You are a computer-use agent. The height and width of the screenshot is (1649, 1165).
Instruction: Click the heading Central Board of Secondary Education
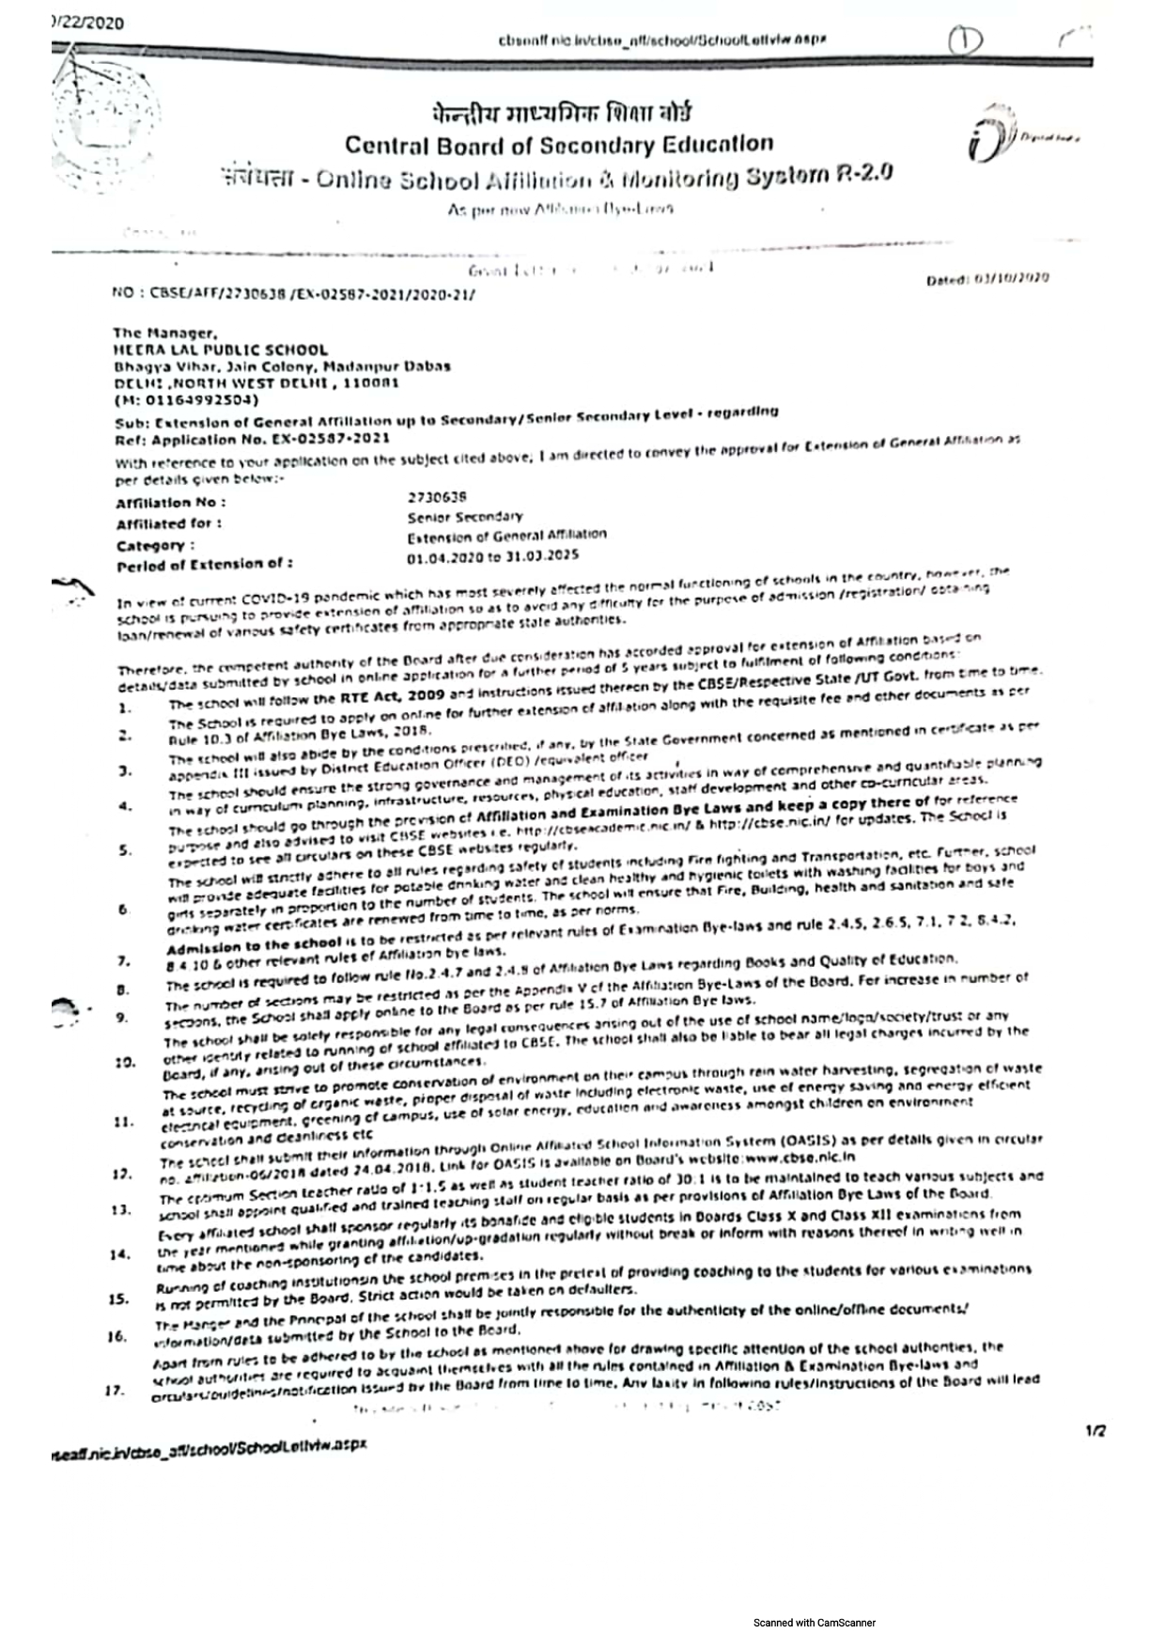click(559, 145)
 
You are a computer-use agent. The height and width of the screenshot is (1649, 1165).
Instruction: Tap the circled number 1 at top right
click(964, 40)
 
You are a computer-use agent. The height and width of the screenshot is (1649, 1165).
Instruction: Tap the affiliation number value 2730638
click(437, 496)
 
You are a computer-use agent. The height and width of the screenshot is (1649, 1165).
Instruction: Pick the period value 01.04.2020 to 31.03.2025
click(493, 557)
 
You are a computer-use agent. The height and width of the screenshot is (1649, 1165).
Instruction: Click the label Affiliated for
click(169, 523)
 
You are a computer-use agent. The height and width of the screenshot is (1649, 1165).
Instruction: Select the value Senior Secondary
click(465, 517)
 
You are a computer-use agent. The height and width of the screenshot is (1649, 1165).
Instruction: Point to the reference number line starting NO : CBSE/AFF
click(293, 293)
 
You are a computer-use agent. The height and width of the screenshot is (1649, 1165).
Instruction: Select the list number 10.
click(122, 1063)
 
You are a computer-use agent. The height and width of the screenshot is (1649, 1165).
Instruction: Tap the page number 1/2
click(1095, 1431)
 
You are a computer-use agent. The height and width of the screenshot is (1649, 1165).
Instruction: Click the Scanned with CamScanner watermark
click(814, 1622)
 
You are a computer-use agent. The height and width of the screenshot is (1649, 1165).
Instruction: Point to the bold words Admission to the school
click(254, 945)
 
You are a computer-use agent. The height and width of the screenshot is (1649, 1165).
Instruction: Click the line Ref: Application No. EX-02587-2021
click(252, 439)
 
